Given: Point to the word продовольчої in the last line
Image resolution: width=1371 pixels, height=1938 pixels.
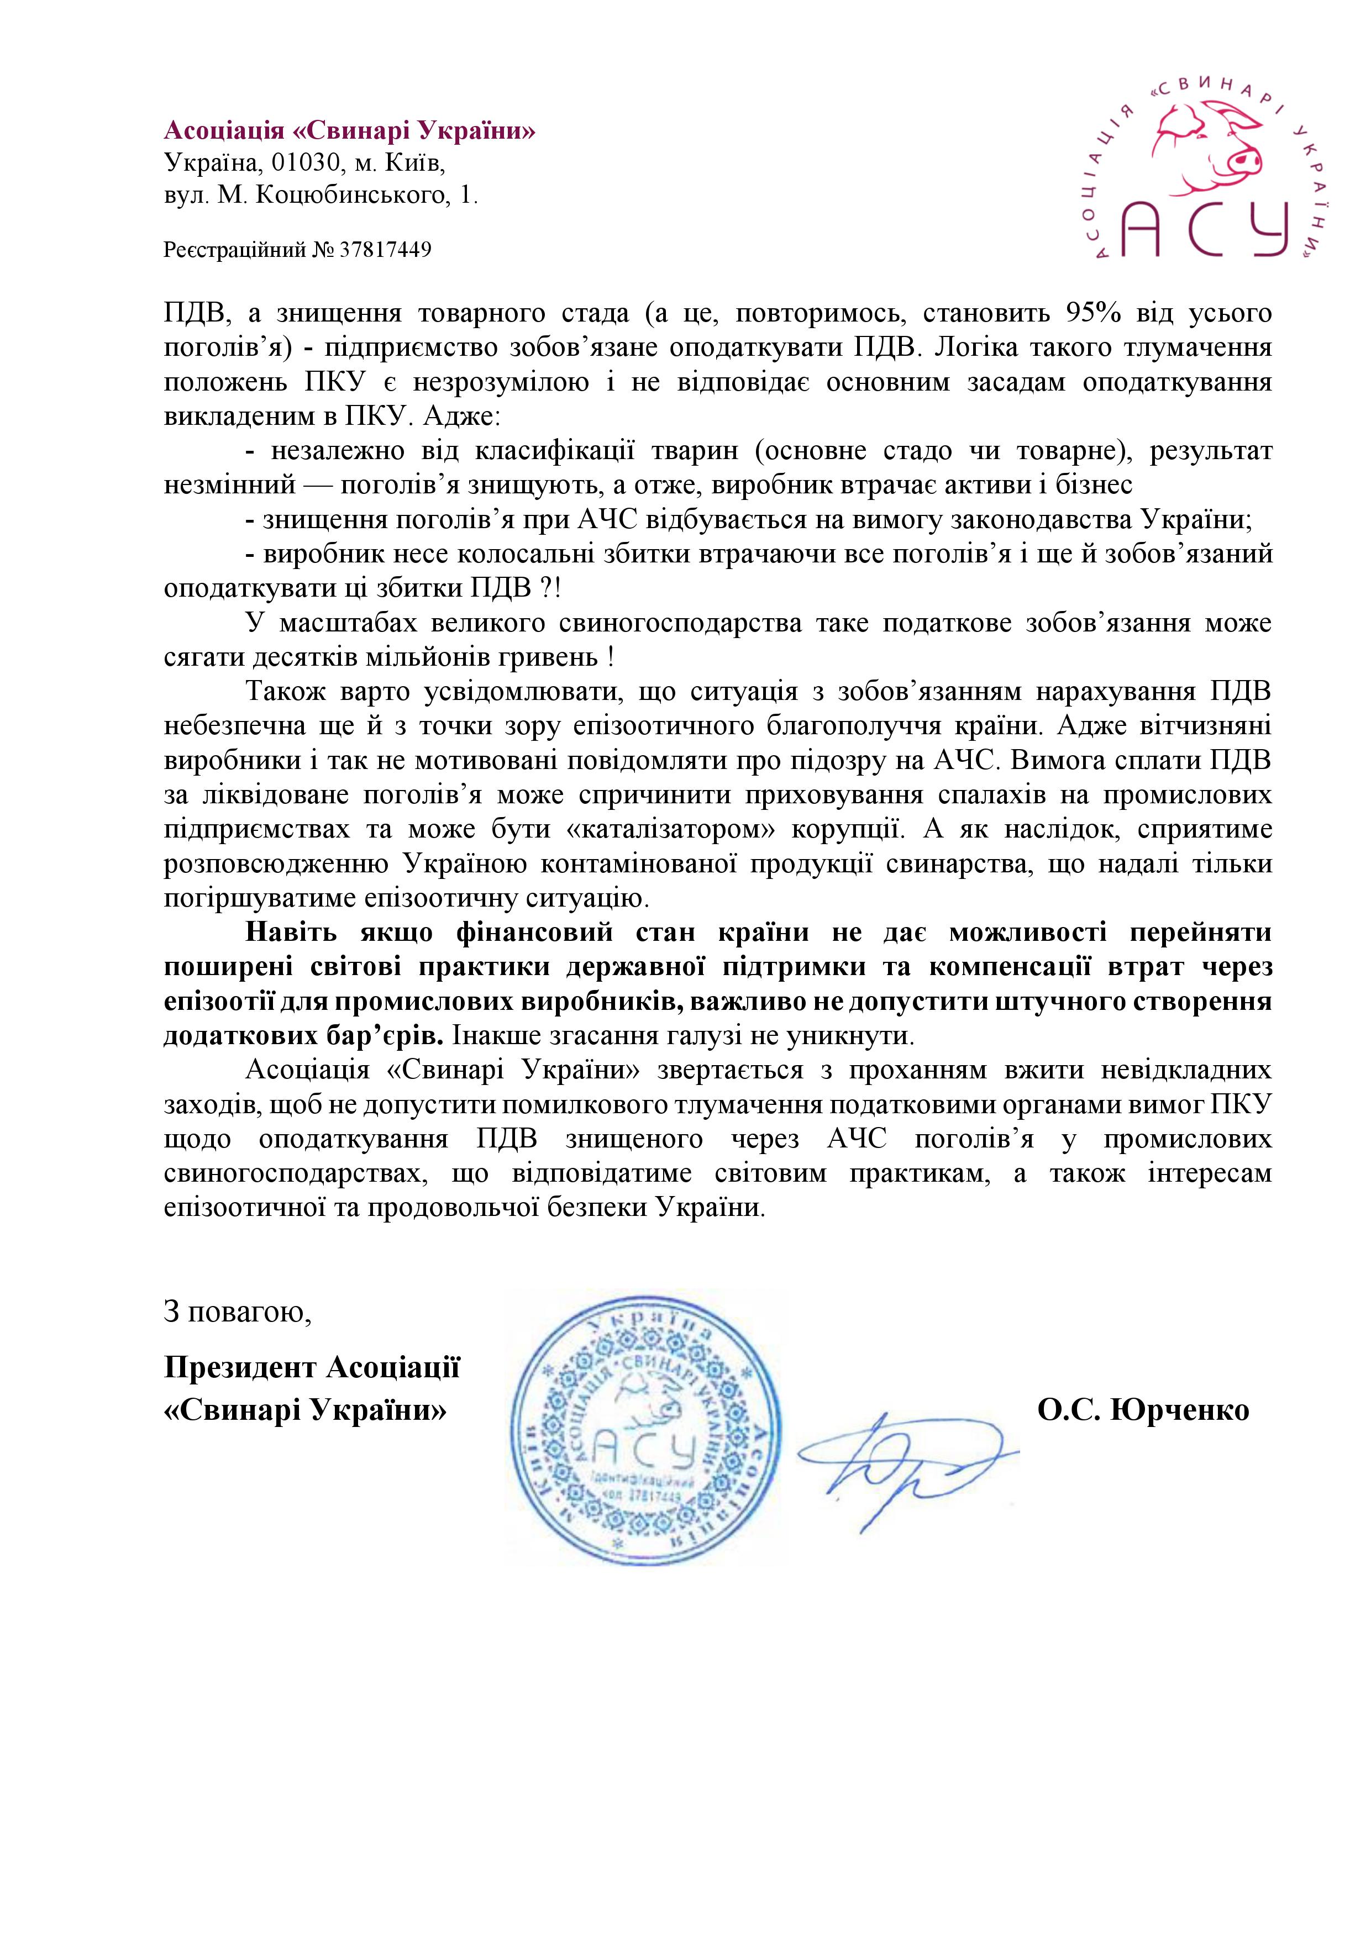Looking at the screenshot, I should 428,1208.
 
